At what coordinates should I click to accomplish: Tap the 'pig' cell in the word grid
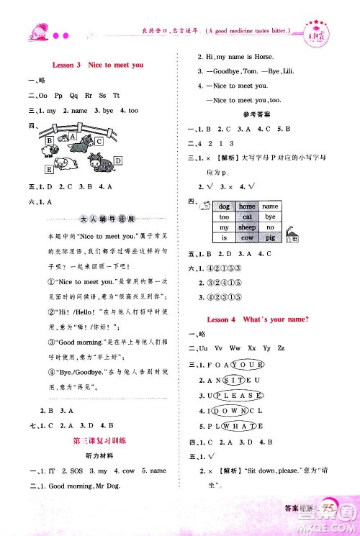[270, 236]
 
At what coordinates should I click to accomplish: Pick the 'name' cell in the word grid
[270, 206]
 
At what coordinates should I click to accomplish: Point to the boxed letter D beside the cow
[117, 160]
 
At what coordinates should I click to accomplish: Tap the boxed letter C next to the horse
[100, 142]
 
